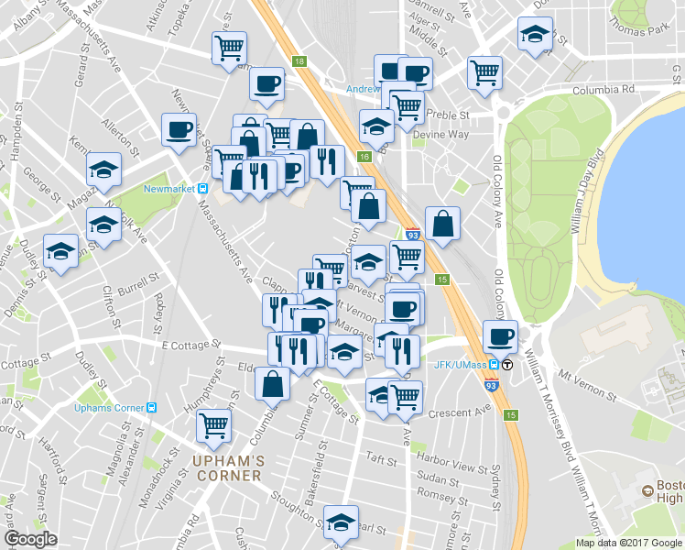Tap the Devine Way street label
(440, 134)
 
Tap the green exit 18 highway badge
(299, 61)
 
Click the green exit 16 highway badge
(364, 158)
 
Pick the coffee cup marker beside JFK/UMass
(500, 336)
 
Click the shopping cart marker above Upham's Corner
(213, 423)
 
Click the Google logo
(31, 539)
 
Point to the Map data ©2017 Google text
(629, 543)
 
